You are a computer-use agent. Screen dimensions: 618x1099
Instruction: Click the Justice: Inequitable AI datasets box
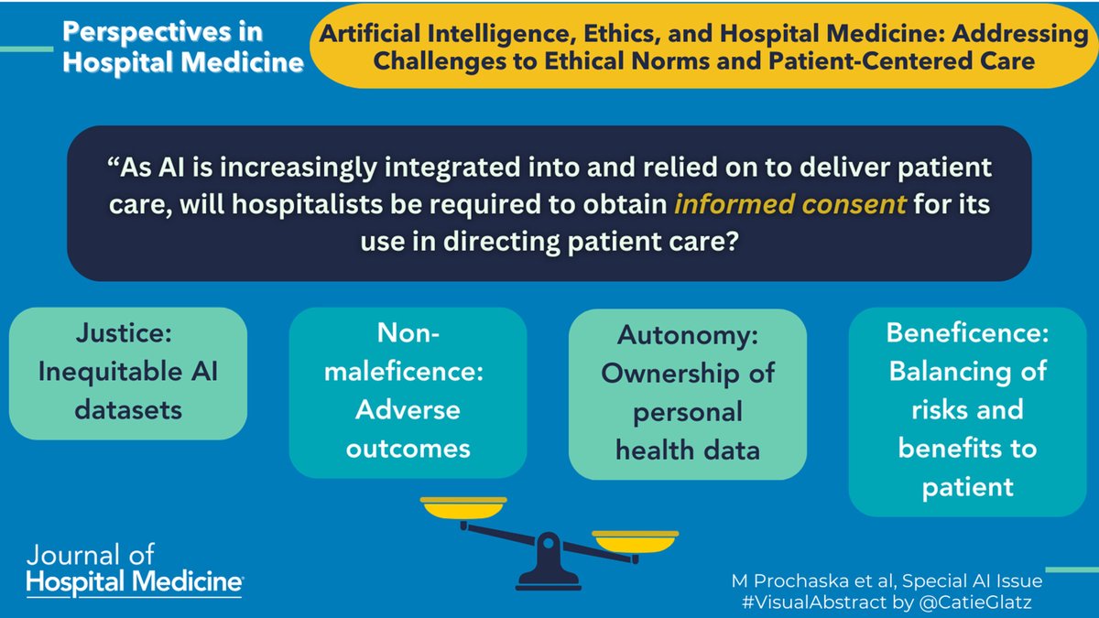128,373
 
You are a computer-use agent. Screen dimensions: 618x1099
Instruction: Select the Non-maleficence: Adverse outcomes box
408,393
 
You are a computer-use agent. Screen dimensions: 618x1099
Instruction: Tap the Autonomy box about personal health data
688,393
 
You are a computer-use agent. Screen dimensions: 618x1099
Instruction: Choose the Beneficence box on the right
967,411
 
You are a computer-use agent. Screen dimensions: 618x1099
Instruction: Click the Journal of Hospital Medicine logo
135,569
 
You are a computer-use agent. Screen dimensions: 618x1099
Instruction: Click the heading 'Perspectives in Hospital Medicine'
182,48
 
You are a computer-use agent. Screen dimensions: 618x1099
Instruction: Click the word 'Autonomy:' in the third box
688,335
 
